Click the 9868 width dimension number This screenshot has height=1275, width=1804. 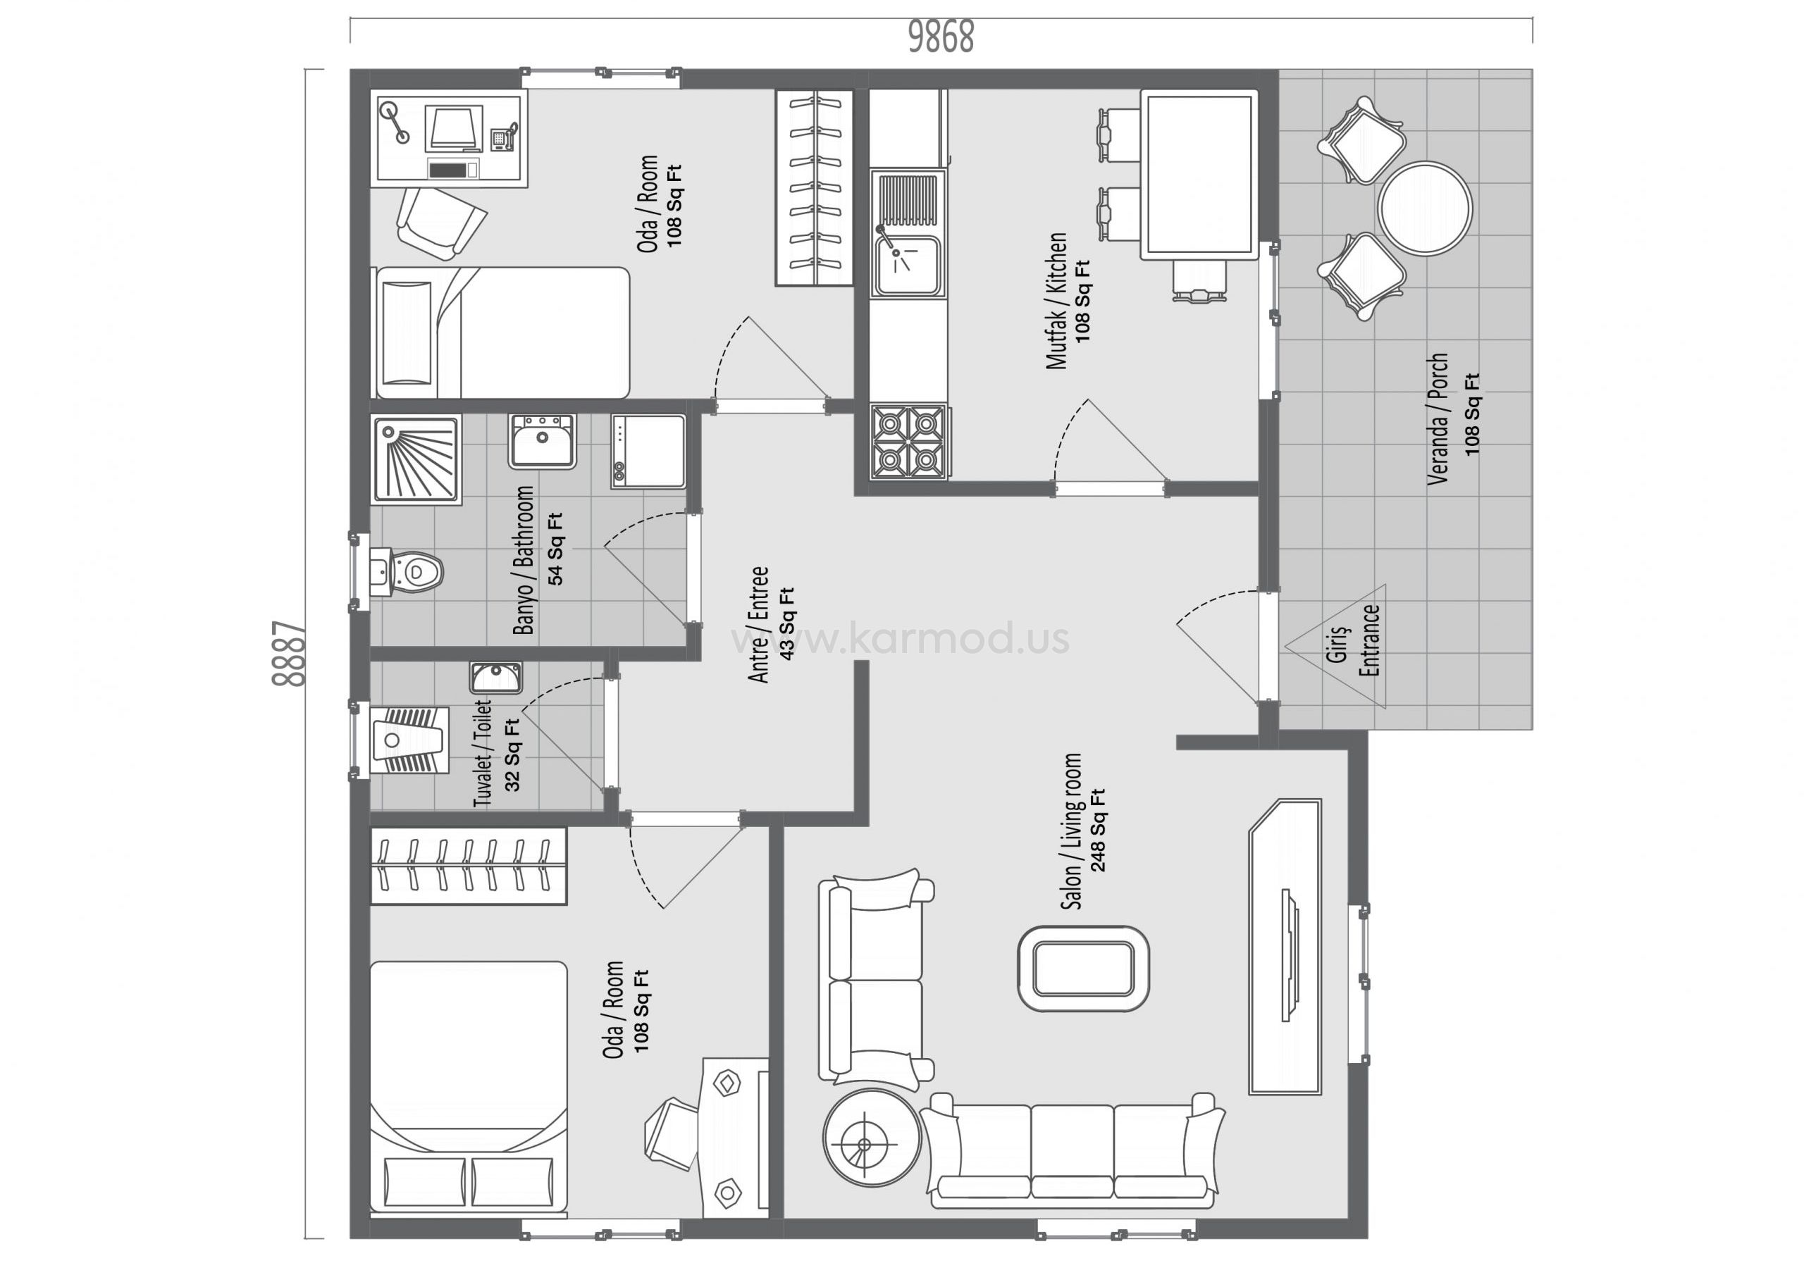[941, 36]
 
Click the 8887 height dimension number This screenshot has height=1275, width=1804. [288, 654]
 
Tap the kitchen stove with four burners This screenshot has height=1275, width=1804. [909, 442]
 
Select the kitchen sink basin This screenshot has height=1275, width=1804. [908, 266]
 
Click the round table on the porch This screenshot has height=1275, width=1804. [1424, 209]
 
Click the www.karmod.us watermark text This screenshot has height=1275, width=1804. [901, 638]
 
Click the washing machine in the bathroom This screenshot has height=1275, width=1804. [648, 452]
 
